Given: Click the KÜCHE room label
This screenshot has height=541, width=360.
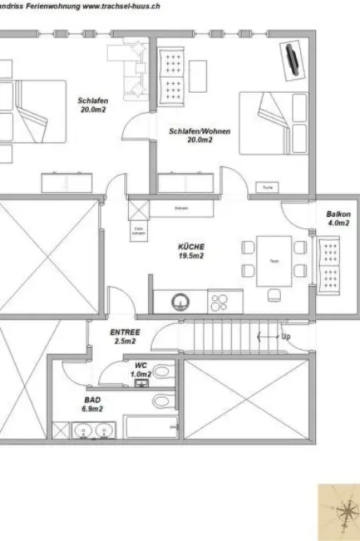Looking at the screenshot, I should tap(190, 247).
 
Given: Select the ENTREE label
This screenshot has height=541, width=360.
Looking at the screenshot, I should tap(125, 332).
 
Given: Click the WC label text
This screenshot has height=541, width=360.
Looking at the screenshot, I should tap(141, 365).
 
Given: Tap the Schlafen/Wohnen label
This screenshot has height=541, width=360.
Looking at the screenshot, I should tap(190, 130).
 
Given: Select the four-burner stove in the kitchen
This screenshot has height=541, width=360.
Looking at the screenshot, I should tap(218, 303).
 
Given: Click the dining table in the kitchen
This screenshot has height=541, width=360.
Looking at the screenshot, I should tap(274, 260).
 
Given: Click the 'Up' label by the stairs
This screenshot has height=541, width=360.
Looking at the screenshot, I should tap(286, 336).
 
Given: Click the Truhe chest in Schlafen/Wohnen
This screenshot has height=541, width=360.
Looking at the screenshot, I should tap(266, 188).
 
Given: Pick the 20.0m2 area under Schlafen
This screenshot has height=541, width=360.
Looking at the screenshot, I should tap(88, 110).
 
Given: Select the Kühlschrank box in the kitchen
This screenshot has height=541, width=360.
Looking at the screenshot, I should tap(138, 231).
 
